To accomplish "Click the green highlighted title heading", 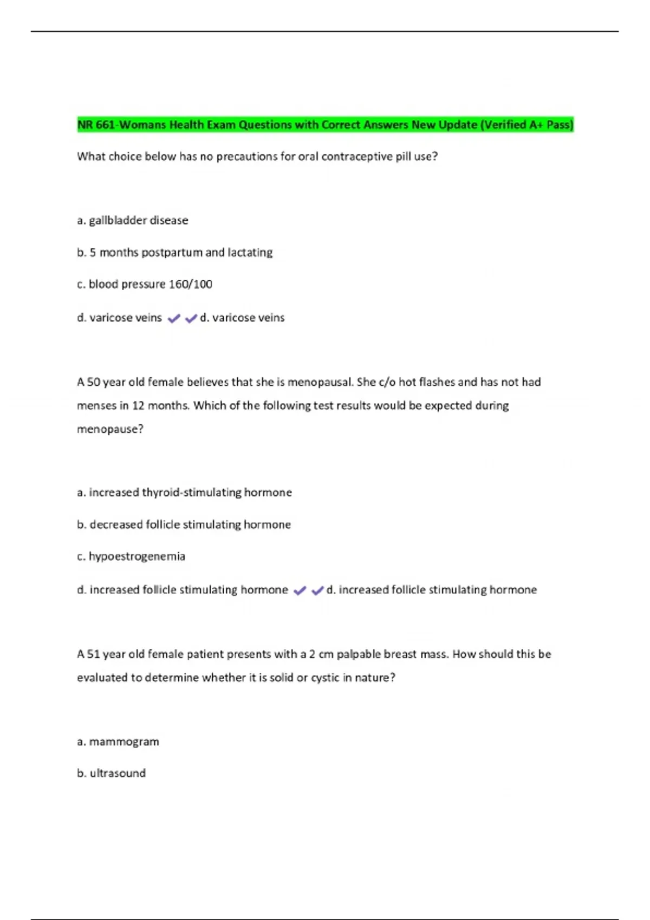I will [x=325, y=125].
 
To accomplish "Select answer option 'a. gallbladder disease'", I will [x=133, y=220].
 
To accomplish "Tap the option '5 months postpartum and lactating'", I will [x=180, y=252].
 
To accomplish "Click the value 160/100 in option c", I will [x=190, y=284].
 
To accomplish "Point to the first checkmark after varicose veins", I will [x=173, y=319].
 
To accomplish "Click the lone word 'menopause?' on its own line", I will [x=110, y=429].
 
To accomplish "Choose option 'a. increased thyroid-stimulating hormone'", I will [x=184, y=492].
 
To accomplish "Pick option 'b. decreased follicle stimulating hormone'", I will [x=184, y=524].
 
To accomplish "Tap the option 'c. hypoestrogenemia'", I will [x=131, y=556].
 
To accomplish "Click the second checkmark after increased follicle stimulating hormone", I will [x=317, y=590].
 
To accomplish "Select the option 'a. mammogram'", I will [x=118, y=741].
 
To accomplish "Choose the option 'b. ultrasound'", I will [x=112, y=773].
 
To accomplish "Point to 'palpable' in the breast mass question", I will [x=359, y=654].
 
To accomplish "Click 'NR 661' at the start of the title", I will [x=96, y=125].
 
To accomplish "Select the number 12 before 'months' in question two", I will [x=138, y=406].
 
